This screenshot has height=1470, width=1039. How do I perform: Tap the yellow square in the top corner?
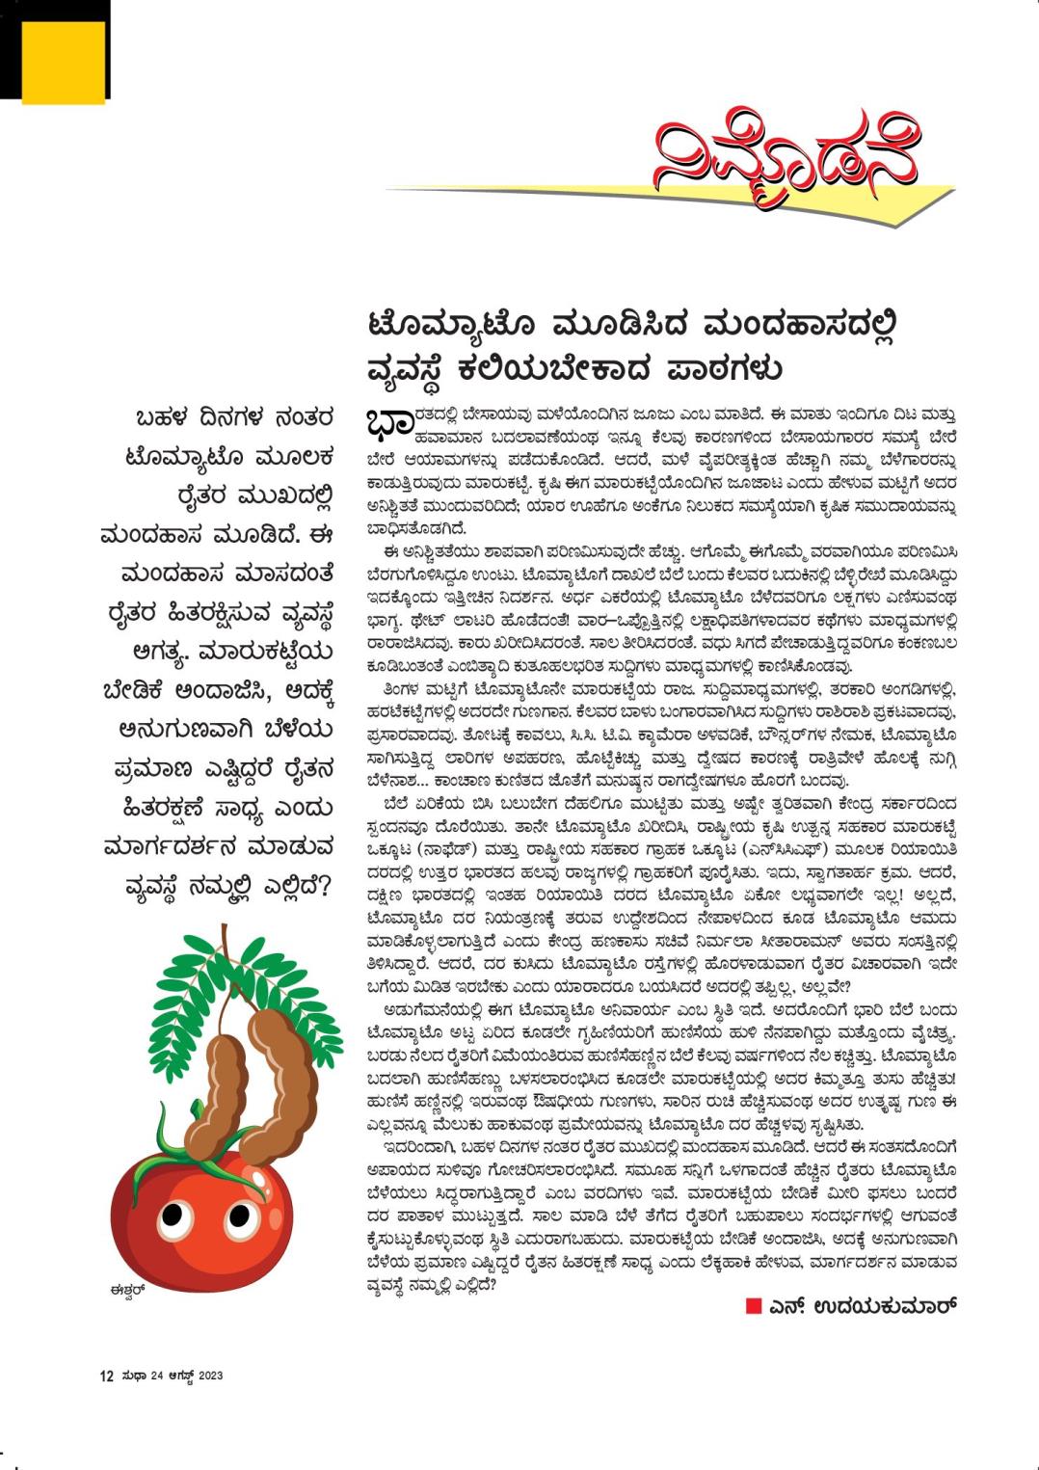63,61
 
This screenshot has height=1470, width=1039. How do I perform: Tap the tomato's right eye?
237,1216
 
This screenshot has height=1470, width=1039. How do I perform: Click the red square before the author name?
753,1306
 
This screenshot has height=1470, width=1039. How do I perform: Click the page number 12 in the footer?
107,1376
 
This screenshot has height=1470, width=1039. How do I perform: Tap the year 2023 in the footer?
210,1376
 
